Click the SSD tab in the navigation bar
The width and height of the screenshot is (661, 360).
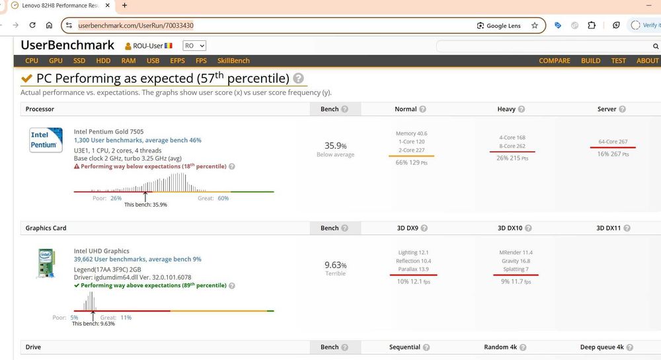[79, 61]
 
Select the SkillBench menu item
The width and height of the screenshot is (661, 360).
[233, 61]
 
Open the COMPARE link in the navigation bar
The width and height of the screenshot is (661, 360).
[554, 61]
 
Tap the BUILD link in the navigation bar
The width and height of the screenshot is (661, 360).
[590, 61]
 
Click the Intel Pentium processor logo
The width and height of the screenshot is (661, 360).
[46, 139]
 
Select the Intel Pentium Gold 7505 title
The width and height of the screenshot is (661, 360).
[108, 131]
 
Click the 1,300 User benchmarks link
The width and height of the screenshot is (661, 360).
[137, 140]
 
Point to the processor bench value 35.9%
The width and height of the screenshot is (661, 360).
[335, 145]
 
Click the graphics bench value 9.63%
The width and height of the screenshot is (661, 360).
[335, 265]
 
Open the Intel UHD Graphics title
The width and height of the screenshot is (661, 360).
[101, 251]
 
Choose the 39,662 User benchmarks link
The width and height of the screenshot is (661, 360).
[137, 260]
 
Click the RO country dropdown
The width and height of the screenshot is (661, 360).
[194, 46]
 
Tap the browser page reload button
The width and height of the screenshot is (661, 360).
[32, 25]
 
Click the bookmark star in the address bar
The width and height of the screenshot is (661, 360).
[535, 26]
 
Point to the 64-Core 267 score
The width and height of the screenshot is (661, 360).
[613, 142]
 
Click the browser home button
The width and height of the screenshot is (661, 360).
[49, 25]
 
